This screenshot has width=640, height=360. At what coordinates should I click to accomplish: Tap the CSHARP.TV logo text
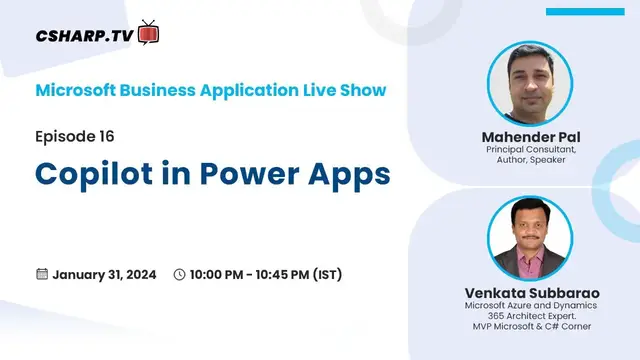tap(86, 35)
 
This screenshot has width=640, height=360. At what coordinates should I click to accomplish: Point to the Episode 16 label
tap(81, 135)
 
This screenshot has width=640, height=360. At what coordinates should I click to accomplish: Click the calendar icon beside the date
tap(42, 274)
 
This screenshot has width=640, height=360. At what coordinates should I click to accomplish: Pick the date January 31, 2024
tap(104, 274)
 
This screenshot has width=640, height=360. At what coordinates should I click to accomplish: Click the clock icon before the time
tap(179, 274)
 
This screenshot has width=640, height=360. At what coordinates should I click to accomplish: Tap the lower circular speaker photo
tap(529, 238)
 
